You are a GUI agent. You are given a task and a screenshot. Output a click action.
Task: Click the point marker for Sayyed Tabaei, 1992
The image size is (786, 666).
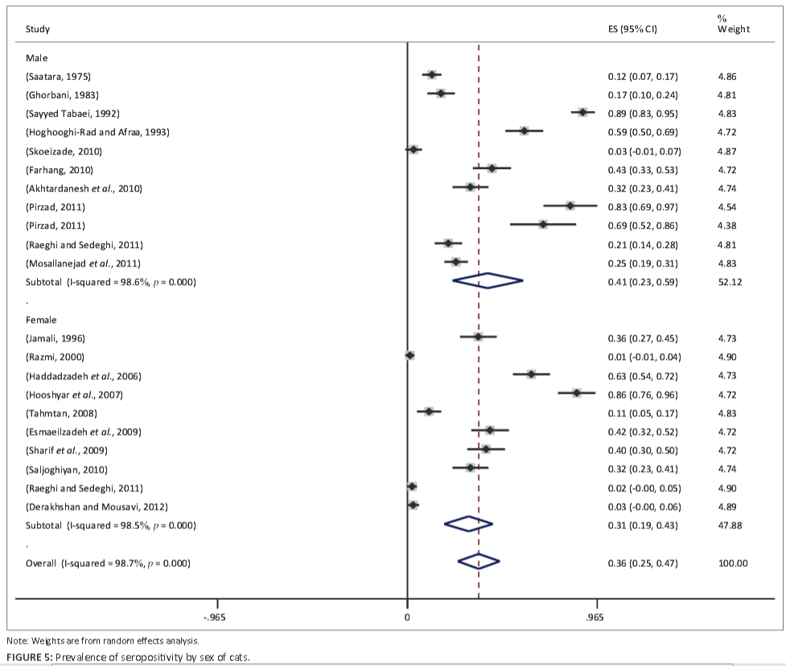pyautogui.click(x=582, y=113)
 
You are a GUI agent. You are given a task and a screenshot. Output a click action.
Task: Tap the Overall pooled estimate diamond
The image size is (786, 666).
pyautogui.click(x=478, y=562)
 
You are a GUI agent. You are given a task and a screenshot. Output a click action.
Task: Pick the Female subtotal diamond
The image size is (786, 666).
pyautogui.click(x=468, y=524)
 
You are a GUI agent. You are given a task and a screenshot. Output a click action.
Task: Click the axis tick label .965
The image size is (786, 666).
pyautogui.click(x=596, y=617)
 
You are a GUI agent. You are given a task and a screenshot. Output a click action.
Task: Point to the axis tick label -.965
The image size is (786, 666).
pyautogui.click(x=216, y=617)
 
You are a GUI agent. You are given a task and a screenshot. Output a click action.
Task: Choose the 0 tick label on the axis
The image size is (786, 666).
pyautogui.click(x=407, y=617)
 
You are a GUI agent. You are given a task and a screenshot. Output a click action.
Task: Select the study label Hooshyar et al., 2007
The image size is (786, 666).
pyautogui.click(x=75, y=395)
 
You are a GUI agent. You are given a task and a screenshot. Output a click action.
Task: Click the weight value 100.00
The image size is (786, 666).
pyautogui.click(x=733, y=563)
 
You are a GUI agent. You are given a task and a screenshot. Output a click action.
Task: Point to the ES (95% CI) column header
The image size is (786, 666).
pyautogui.click(x=632, y=30)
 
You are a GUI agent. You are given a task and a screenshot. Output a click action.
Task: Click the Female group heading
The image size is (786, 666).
pyautogui.click(x=41, y=320)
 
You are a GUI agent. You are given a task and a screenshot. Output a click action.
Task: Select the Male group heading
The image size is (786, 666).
pyautogui.click(x=37, y=58)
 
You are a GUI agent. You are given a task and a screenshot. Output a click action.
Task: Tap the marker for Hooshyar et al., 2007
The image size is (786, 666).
pyautogui.click(x=576, y=393)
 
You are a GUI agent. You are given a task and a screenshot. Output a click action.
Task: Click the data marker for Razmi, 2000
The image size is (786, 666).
pyautogui.click(x=409, y=355)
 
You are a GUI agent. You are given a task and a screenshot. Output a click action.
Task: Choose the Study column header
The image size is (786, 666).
pyautogui.click(x=38, y=30)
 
